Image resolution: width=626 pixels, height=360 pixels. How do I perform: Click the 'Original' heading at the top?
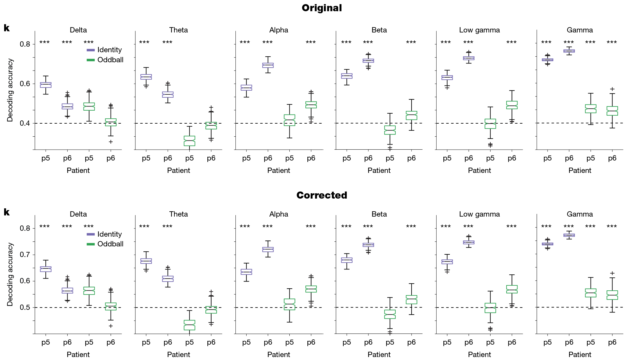(x=322, y=8)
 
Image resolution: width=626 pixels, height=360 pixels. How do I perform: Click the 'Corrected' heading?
(x=322, y=195)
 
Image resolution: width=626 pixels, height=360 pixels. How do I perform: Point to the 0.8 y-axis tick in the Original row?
(x=25, y=44)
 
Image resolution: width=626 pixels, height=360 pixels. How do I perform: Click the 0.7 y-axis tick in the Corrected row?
(x=25, y=255)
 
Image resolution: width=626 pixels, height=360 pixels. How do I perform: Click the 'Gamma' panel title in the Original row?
(x=580, y=30)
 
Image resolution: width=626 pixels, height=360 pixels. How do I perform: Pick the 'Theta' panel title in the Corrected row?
(x=178, y=214)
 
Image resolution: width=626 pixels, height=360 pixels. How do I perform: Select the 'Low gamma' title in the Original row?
(x=479, y=30)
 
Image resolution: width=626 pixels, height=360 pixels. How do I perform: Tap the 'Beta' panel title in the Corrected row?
(x=379, y=214)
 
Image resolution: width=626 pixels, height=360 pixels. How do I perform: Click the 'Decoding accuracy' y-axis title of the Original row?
(x=10, y=90)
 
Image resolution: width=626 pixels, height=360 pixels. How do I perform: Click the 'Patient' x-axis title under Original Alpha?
(x=278, y=171)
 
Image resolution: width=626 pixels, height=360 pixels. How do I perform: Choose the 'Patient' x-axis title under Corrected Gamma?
(x=580, y=355)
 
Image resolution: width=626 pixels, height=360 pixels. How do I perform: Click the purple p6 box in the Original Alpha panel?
(x=268, y=65)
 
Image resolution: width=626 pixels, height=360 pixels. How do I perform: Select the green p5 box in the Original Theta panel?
(x=189, y=141)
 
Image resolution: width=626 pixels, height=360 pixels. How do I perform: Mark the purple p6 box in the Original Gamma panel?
(x=569, y=51)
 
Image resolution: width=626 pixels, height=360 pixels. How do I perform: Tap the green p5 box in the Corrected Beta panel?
(x=390, y=314)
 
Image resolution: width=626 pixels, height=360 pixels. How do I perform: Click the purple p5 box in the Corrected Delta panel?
(x=46, y=269)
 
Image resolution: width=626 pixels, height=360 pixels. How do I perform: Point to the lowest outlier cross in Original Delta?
(x=111, y=142)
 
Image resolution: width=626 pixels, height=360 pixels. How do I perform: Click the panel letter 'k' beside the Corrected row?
(x=6, y=212)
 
